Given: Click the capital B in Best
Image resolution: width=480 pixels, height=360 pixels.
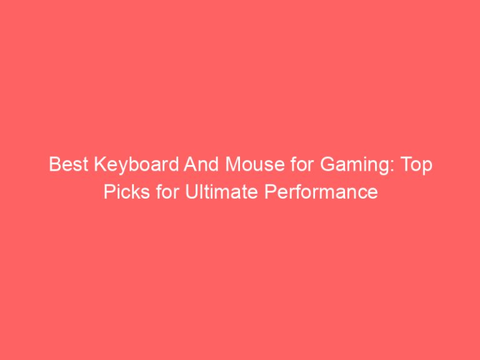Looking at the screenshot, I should pos(54,166).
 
